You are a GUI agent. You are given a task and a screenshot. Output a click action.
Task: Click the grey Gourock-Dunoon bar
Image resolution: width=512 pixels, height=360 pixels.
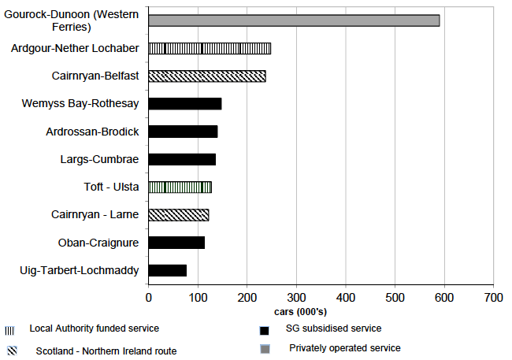(x=294, y=20)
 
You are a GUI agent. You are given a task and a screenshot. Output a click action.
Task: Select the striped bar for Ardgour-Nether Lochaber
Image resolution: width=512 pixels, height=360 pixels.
(x=210, y=49)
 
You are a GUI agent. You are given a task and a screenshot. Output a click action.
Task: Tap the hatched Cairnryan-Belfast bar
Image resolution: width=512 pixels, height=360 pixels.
(x=207, y=76)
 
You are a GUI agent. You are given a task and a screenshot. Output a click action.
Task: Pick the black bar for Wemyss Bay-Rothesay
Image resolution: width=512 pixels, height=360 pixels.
(x=185, y=104)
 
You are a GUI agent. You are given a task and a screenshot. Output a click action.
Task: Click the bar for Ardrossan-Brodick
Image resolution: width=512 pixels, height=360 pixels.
(x=183, y=132)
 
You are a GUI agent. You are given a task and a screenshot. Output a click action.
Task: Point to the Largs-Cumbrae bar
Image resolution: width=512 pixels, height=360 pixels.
(x=182, y=159)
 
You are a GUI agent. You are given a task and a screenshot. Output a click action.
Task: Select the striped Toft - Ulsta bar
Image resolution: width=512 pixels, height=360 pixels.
(x=180, y=187)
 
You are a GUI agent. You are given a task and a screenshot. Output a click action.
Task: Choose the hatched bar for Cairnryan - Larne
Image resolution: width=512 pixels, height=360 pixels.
(x=179, y=214)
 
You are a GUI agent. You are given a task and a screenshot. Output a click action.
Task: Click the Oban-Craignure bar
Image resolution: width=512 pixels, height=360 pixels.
(x=176, y=243)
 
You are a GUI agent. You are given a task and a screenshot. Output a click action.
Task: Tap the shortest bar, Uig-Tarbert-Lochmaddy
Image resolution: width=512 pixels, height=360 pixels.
(x=168, y=270)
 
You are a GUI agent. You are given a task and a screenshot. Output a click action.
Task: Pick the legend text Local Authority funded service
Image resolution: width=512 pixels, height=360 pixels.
(x=95, y=328)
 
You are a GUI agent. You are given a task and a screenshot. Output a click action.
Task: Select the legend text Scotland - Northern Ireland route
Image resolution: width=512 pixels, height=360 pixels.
(x=106, y=351)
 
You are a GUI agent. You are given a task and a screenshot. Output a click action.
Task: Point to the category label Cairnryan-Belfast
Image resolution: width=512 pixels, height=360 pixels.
(x=95, y=76)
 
